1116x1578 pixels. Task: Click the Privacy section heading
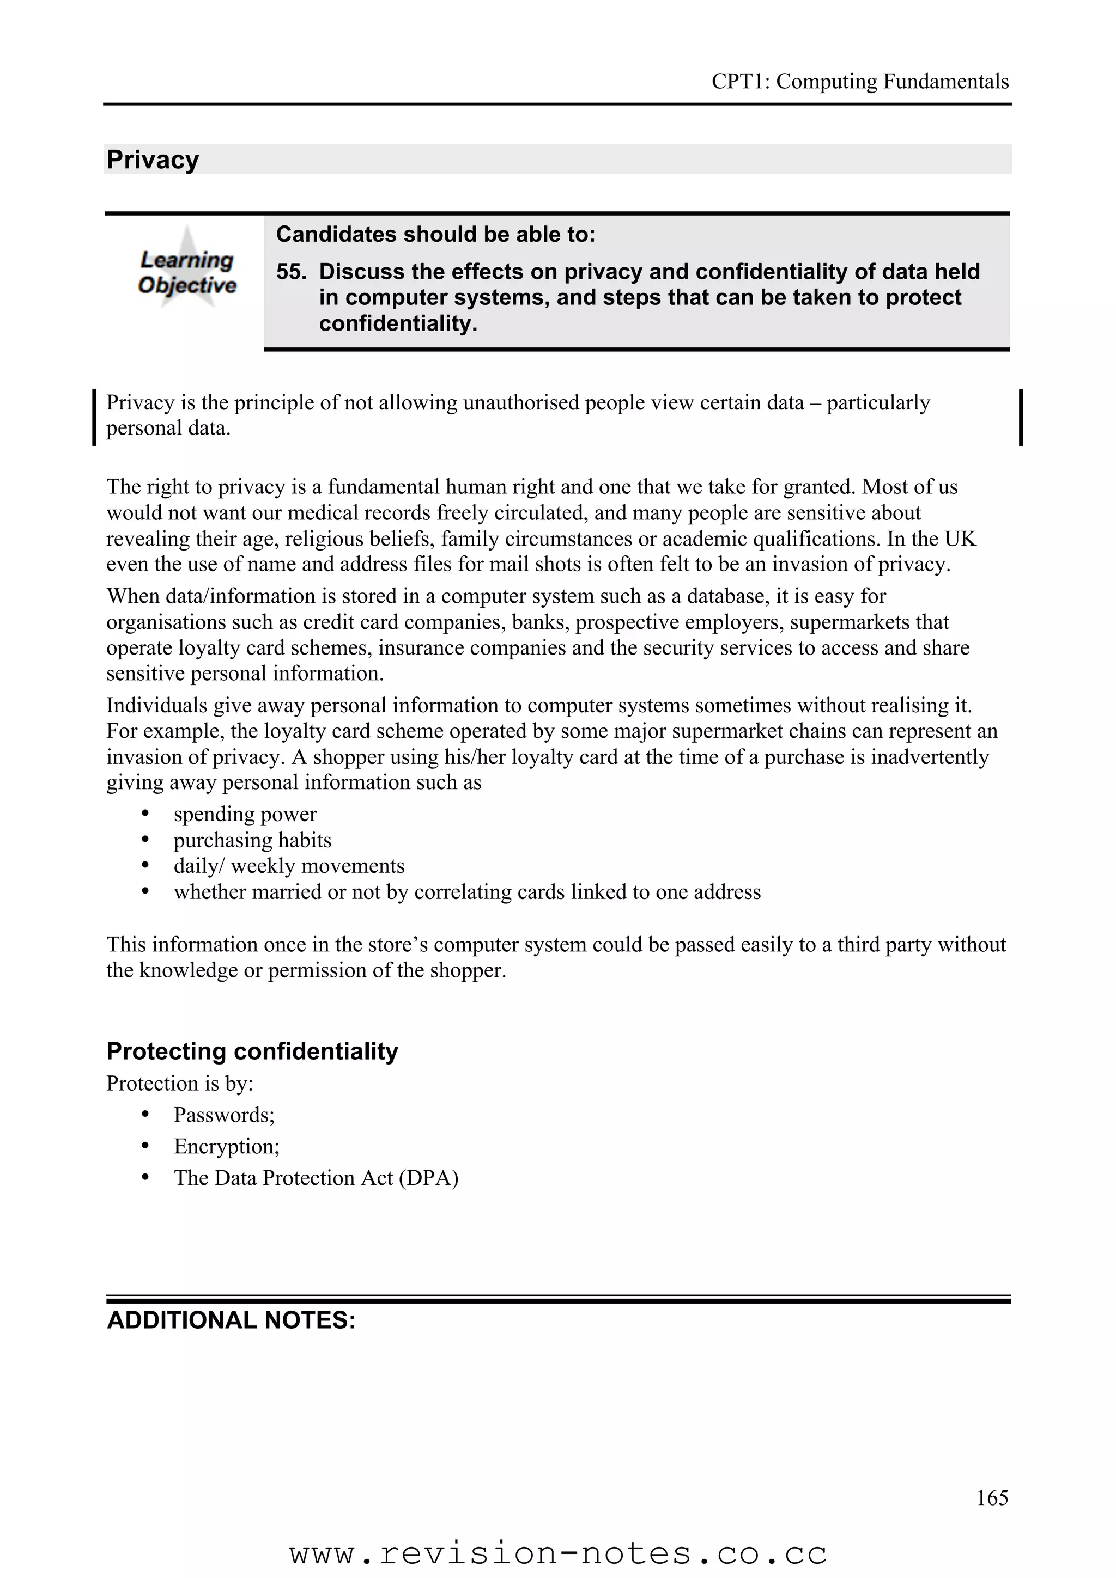coord(153,160)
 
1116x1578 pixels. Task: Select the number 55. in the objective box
coord(292,272)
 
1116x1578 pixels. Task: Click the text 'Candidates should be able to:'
coord(435,234)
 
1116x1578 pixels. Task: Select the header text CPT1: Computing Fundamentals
coord(859,81)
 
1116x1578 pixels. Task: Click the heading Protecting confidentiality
coord(252,1051)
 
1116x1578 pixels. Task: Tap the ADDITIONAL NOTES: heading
coord(231,1319)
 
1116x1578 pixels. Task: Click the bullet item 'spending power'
coord(245,814)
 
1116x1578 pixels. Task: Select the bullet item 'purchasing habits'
coord(252,840)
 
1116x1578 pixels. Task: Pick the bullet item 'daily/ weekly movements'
coord(289,865)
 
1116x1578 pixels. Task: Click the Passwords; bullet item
coord(224,1114)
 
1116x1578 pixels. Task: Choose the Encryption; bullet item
coord(226,1146)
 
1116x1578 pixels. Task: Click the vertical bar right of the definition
coord(1021,417)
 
